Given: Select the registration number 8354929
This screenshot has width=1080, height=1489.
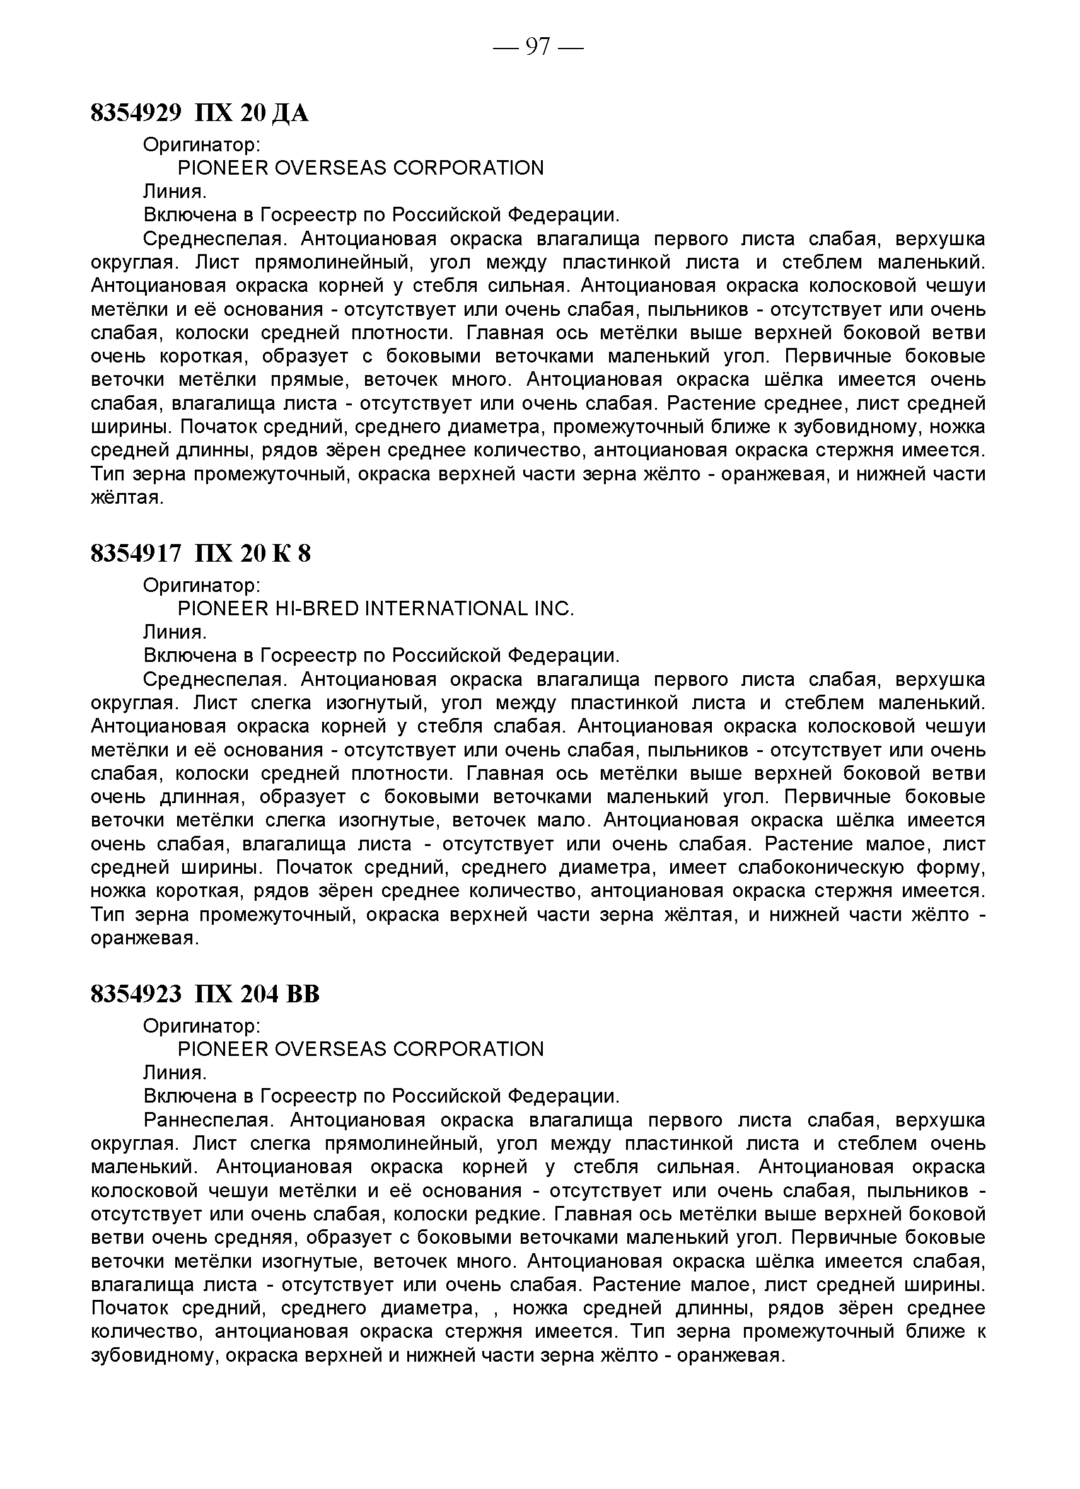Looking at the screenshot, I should pos(136,113).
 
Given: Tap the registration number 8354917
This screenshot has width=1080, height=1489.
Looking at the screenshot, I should pos(136,554).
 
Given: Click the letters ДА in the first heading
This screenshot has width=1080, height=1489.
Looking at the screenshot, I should pos(289,114).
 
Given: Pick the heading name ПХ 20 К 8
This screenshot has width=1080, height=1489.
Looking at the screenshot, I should pos(253,554).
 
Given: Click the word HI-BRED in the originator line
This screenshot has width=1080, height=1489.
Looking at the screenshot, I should pos(316,608).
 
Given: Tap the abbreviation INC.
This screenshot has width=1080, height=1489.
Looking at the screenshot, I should pos(554,608).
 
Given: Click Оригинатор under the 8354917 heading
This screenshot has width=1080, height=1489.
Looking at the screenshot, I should pos(202,585).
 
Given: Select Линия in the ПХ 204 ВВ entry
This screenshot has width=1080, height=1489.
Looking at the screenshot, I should pos(175,1073).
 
